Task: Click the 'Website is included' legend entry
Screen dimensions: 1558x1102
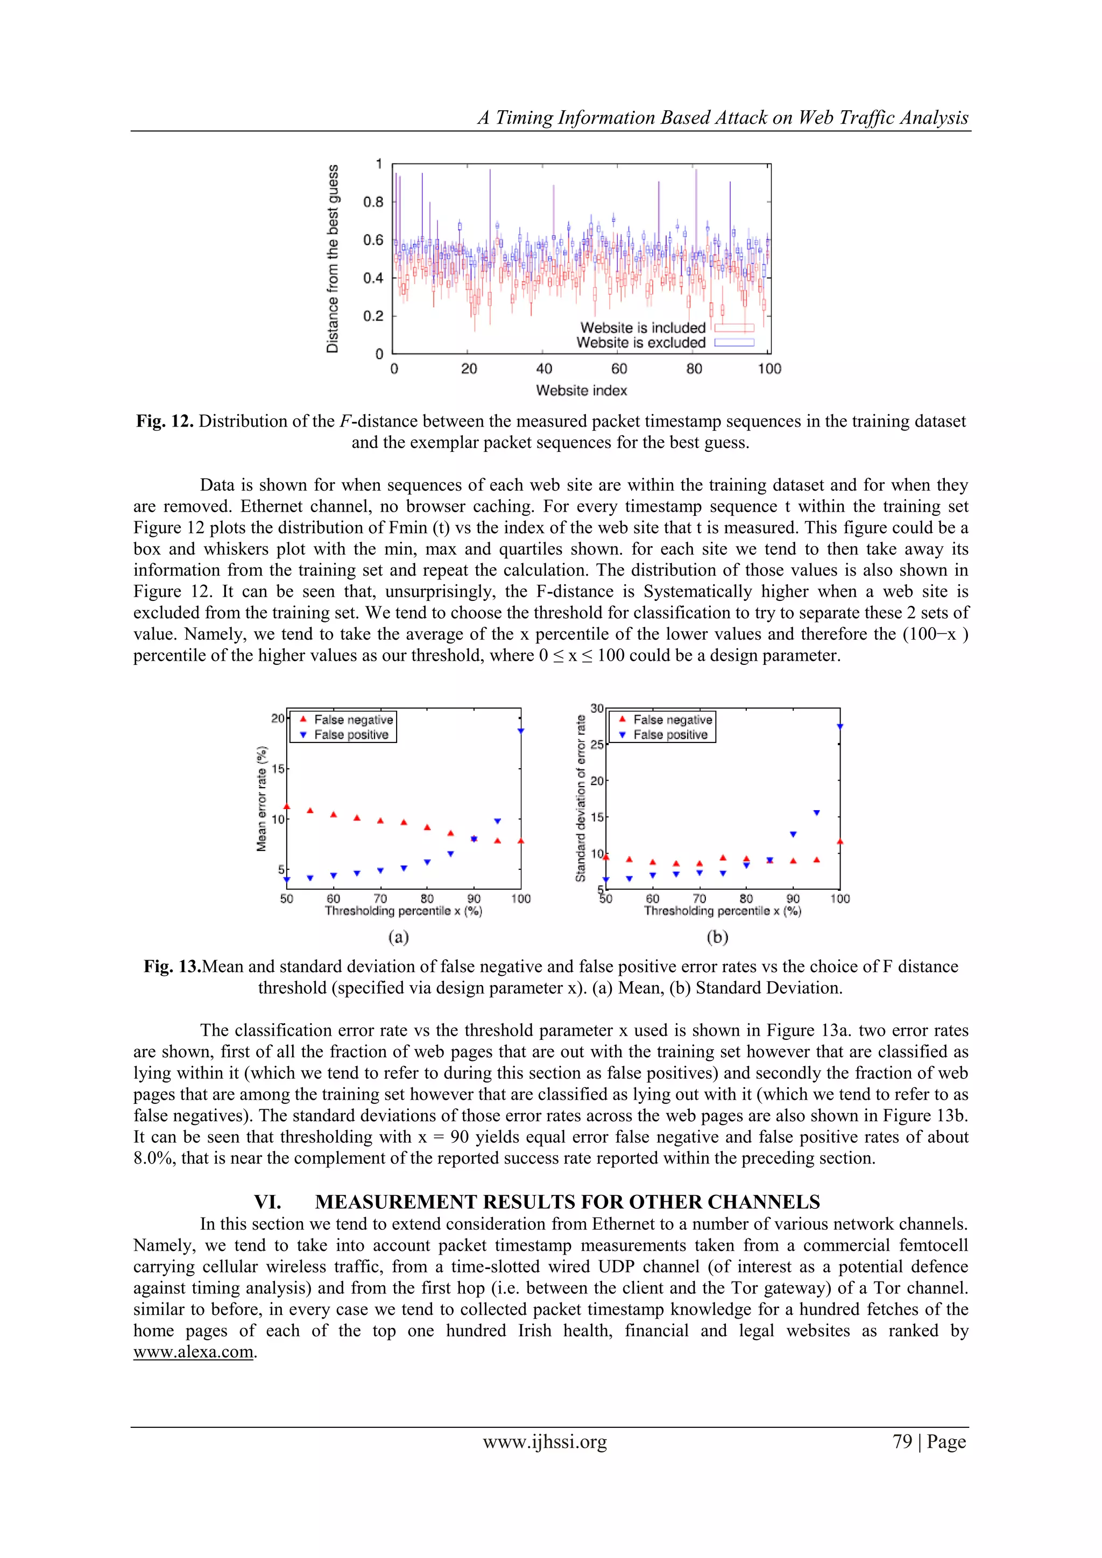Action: coord(642,328)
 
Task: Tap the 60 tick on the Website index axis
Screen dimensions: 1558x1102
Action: coord(619,369)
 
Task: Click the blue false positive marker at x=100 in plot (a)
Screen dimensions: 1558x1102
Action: coord(520,731)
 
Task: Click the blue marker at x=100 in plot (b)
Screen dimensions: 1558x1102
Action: coord(839,727)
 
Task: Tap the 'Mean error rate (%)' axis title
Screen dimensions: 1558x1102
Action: coord(262,799)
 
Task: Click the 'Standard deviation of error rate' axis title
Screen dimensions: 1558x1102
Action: coord(581,799)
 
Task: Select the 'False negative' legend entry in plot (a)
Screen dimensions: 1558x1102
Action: coord(353,720)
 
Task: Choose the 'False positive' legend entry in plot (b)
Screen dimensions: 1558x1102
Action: coord(670,735)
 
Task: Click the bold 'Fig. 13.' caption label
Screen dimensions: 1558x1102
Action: coord(172,966)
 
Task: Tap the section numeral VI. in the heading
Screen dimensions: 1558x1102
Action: coord(267,1202)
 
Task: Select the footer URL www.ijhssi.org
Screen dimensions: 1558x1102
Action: coord(545,1442)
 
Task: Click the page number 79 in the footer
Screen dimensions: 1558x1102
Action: coord(902,1442)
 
